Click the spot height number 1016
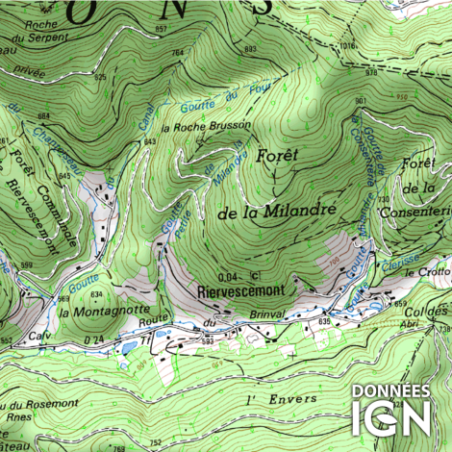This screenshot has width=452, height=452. tap(347, 45)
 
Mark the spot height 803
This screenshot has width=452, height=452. tap(251, 48)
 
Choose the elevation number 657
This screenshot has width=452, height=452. tap(160, 30)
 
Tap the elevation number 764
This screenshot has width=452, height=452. tap(177, 51)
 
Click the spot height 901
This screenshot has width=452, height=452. tap(360, 100)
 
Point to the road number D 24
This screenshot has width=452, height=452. tap(93, 339)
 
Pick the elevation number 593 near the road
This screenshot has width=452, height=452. tap(207, 340)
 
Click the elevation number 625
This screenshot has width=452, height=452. tap(101, 77)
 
